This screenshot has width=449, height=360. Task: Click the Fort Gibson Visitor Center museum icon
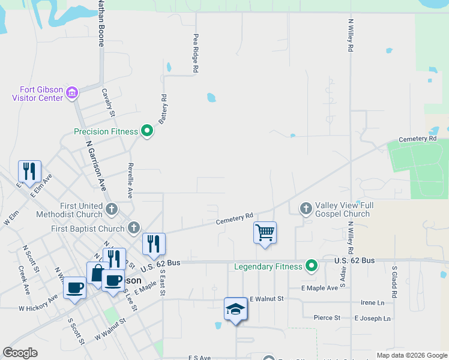pyautogui.click(x=72, y=92)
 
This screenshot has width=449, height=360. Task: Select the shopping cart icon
pyautogui.click(x=265, y=232)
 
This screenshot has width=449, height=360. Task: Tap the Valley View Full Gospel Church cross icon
pyautogui.click(x=306, y=209)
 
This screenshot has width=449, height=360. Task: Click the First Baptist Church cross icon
pyautogui.click(x=133, y=228)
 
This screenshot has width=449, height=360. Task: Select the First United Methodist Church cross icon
pyautogui.click(x=111, y=209)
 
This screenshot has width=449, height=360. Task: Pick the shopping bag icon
pyautogui.click(x=97, y=272)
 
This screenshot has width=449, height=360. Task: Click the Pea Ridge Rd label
pyautogui.click(x=196, y=53)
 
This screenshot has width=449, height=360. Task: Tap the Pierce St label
pyautogui.click(x=327, y=317)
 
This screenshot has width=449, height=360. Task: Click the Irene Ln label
pyautogui.click(x=372, y=303)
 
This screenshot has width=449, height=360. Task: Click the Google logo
pyautogui.click(x=20, y=353)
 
